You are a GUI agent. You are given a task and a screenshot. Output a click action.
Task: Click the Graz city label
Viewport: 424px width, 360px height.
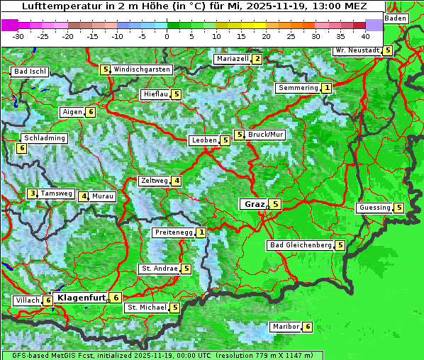[x=253, y=204]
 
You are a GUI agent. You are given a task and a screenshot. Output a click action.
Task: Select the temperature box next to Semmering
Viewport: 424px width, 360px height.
[x=326, y=88]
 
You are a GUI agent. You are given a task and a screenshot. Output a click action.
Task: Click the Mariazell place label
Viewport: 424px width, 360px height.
[x=232, y=59]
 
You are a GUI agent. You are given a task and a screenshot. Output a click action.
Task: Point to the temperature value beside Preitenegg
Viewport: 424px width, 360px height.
[x=202, y=232]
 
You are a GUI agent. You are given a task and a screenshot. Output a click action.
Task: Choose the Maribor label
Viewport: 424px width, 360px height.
[x=284, y=327]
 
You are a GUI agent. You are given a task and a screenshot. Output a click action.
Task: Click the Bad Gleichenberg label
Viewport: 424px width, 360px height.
[x=300, y=245]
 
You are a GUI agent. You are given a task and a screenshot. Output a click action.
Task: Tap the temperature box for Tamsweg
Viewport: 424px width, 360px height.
[x=32, y=193]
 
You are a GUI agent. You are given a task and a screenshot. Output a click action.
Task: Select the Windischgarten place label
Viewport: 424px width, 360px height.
[x=142, y=69]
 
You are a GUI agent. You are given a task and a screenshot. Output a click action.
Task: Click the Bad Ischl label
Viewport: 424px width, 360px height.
[x=30, y=72]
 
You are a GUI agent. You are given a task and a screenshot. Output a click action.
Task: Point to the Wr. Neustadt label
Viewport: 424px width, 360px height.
[x=357, y=50]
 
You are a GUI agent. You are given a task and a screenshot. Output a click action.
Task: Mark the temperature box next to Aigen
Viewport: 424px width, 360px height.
[x=91, y=112]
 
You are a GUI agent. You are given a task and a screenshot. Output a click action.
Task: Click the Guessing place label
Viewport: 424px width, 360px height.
[x=374, y=208]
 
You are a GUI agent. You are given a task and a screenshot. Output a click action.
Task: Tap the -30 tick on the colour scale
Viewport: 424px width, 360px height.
[x=18, y=35]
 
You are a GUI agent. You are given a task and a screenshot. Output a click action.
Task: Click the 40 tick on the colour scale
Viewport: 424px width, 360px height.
[x=365, y=35]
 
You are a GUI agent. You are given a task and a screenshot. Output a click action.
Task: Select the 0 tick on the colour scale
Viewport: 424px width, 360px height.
[x=167, y=35]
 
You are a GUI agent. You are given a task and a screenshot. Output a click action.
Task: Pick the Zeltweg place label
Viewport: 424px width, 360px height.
[x=155, y=181]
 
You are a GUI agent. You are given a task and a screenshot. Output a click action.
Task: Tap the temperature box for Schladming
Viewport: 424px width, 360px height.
[x=22, y=148]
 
